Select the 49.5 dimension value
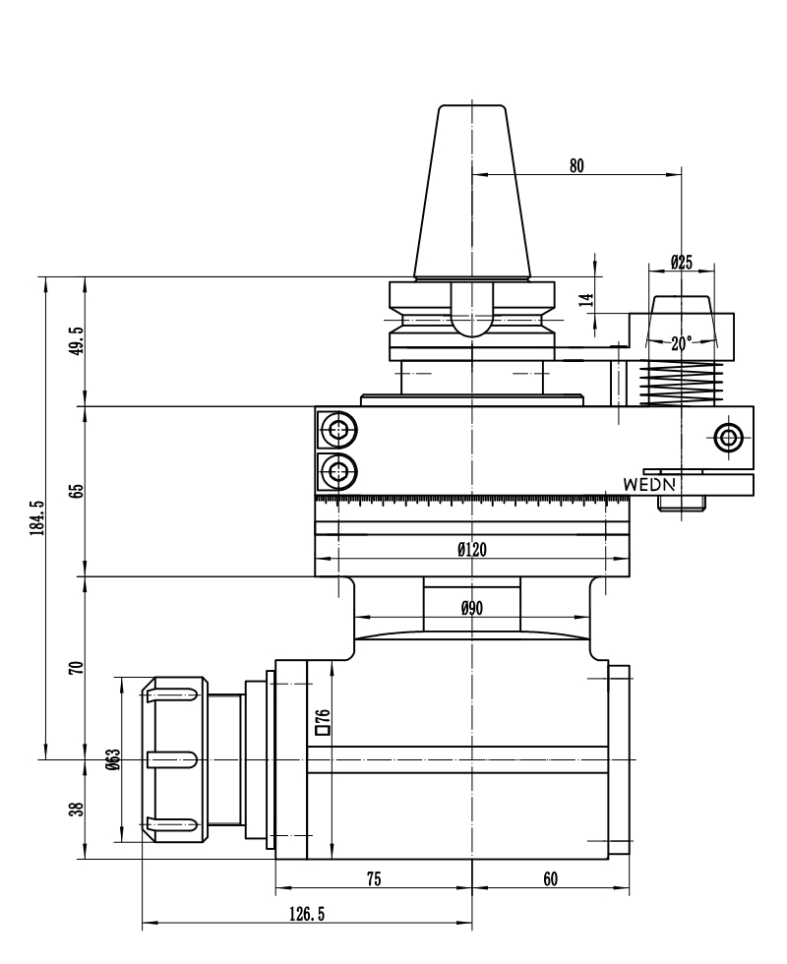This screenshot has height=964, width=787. click(76, 340)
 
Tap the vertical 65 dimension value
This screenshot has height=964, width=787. click(76, 491)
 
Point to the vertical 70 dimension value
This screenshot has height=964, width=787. click(76, 668)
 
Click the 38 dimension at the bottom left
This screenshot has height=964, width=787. click(76, 810)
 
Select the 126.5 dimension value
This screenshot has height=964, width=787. click(307, 915)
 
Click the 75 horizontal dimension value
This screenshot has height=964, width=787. click(374, 880)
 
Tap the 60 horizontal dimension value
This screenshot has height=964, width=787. click(550, 880)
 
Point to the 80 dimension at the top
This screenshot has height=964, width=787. click(576, 165)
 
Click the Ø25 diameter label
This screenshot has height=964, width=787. click(682, 262)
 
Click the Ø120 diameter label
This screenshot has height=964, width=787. click(472, 550)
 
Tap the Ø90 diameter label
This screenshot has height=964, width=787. click(472, 608)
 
